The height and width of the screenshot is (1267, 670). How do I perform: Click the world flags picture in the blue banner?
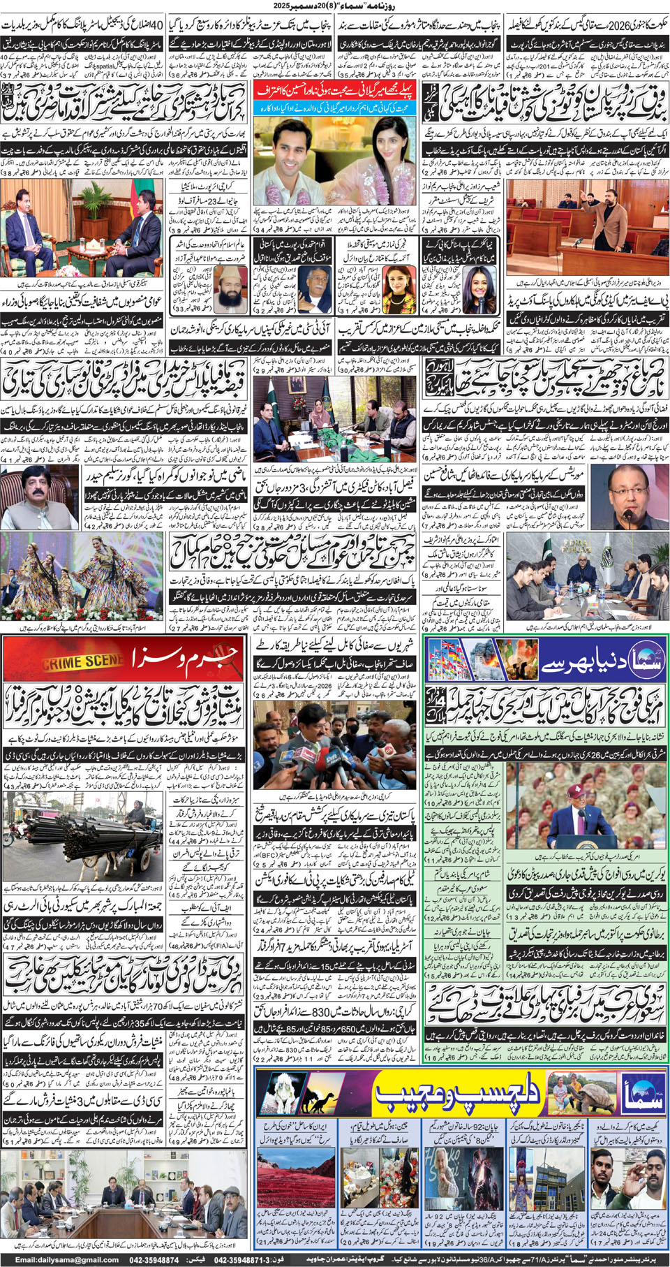tap(460, 663)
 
